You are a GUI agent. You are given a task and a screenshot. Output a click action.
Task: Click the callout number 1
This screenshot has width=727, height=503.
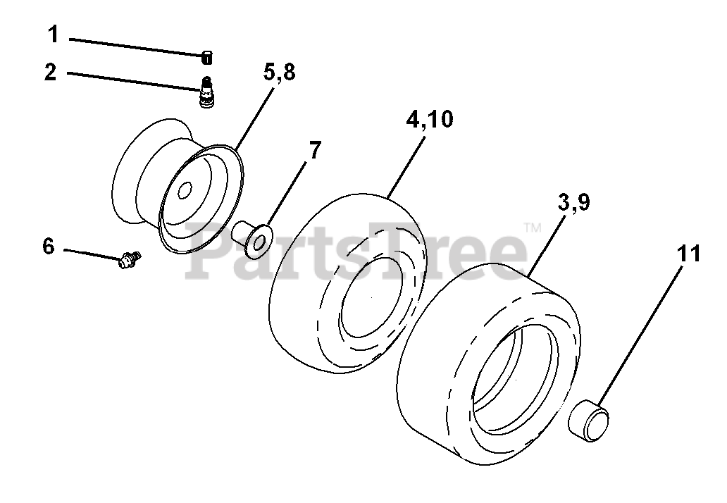coord(54,35)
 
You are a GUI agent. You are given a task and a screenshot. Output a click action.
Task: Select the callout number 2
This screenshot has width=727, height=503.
coord(51,73)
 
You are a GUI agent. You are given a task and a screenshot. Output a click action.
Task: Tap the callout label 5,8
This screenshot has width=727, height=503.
coord(279,73)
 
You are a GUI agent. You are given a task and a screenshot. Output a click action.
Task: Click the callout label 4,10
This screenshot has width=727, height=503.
coord(430,120)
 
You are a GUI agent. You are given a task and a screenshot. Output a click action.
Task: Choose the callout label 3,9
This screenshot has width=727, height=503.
coord(573,203)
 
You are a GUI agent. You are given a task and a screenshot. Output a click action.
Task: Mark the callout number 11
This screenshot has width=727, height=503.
coord(688,254)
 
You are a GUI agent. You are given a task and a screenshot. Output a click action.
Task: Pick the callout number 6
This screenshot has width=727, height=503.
coord(48,246)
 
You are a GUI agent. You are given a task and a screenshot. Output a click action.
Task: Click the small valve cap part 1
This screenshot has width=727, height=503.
coord(207,58)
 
